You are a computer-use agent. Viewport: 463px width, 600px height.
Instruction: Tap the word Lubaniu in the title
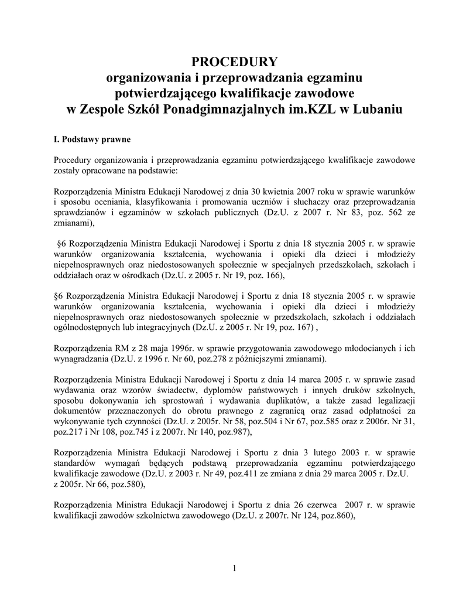(375, 110)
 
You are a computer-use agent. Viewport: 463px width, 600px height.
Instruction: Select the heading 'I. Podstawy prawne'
(92, 140)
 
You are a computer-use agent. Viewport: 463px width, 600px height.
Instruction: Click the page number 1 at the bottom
(234, 568)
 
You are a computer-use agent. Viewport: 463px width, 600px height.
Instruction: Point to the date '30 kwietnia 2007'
(284, 192)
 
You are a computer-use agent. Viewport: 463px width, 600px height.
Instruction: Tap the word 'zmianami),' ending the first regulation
(74, 223)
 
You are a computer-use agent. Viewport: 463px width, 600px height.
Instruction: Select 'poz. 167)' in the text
(296, 327)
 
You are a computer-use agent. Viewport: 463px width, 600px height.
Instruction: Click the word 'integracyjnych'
(162, 327)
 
